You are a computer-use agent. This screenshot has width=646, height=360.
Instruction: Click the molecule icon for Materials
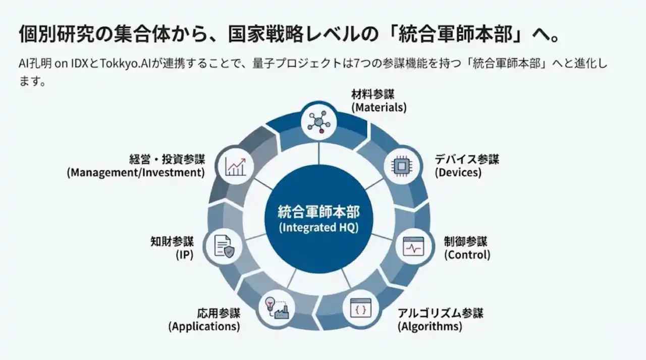pyautogui.click(x=318, y=121)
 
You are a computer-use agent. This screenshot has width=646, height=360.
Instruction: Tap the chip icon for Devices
pyautogui.click(x=402, y=165)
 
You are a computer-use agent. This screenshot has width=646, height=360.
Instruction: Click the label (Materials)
pyautogui.click(x=379, y=107)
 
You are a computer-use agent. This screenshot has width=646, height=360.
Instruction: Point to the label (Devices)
pyautogui.click(x=458, y=172)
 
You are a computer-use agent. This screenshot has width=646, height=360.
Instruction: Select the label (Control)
pyautogui.click(x=467, y=254)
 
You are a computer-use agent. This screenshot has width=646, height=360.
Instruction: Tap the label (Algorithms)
pyautogui.click(x=429, y=326)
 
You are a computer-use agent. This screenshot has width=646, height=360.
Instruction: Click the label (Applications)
pyautogui.click(x=204, y=326)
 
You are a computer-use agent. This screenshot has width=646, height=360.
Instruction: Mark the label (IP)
pyautogui.click(x=185, y=254)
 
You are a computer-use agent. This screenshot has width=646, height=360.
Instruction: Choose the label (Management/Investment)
pyautogui.click(x=136, y=172)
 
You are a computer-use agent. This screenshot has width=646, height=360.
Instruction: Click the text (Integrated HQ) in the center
pyautogui.click(x=318, y=227)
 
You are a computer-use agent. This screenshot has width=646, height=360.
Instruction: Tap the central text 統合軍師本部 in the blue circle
pyautogui.click(x=318, y=211)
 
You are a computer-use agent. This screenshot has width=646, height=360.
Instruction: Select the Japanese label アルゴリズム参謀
pyautogui.click(x=440, y=313)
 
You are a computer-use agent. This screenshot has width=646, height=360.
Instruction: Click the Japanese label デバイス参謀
pyautogui.click(x=467, y=160)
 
